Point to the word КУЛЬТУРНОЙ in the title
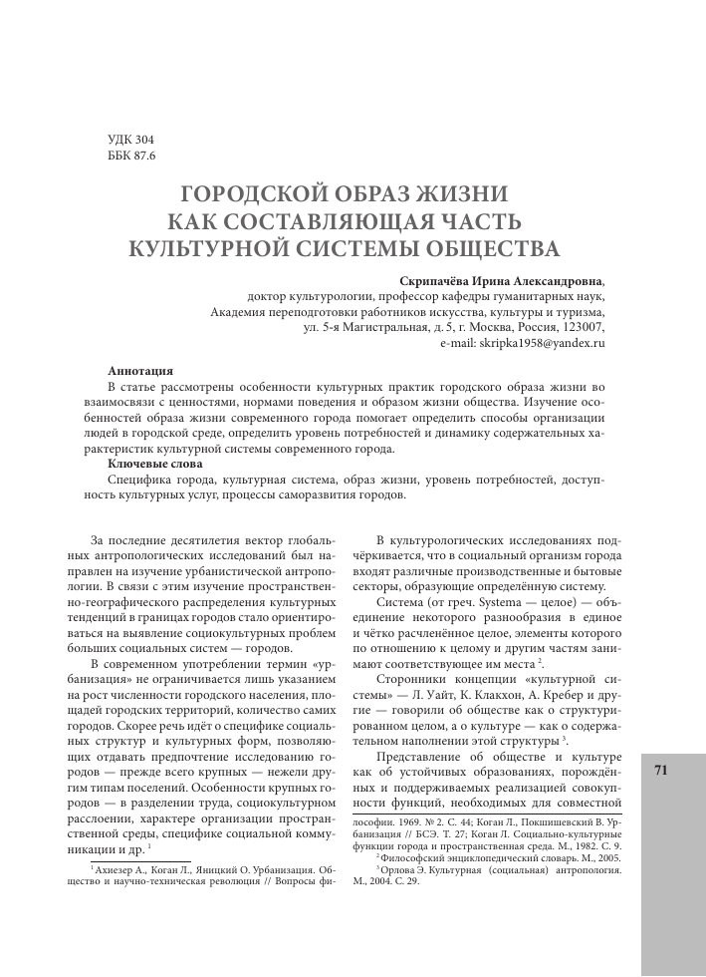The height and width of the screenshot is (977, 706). coord(221,246)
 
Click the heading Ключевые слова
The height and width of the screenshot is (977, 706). coord(154,464)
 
